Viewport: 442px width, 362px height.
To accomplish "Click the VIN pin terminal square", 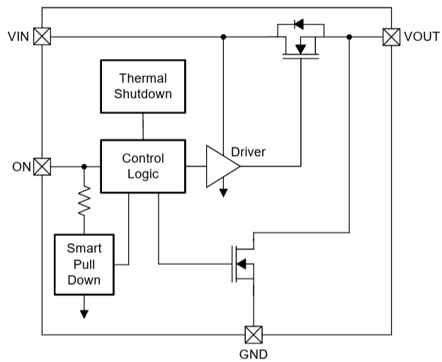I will pyautogui.click(x=42, y=36).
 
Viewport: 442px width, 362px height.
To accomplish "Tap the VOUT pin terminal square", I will pyautogui.click(x=391, y=36).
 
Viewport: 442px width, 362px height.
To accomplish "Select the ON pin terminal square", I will pyautogui.click(x=42, y=166).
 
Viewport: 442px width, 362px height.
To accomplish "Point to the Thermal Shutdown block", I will pyautogui.click(x=144, y=86).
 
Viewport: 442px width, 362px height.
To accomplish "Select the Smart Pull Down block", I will pyautogui.click(x=84, y=264).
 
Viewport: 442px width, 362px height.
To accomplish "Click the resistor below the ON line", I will pyautogui.click(x=84, y=200).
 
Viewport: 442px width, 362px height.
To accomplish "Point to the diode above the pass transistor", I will pyautogui.click(x=298, y=25).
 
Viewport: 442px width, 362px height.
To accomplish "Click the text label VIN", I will pyautogui.click(x=18, y=36).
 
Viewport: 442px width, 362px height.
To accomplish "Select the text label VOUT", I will pyautogui.click(x=421, y=36).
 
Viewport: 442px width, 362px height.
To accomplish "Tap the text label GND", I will pyautogui.click(x=253, y=353).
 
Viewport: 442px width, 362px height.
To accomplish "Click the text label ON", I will pyautogui.click(x=21, y=167).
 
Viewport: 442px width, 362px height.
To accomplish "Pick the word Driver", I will pyautogui.click(x=248, y=151).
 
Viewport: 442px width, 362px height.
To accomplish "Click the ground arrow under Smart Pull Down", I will pyautogui.click(x=84, y=313).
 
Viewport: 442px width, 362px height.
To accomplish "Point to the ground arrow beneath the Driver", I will pyautogui.click(x=223, y=191).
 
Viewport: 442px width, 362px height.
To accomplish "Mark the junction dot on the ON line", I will pyautogui.click(x=84, y=166).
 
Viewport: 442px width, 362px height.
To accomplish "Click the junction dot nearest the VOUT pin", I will pyautogui.click(x=350, y=36).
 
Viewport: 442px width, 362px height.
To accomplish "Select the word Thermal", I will pyautogui.click(x=143, y=78).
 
